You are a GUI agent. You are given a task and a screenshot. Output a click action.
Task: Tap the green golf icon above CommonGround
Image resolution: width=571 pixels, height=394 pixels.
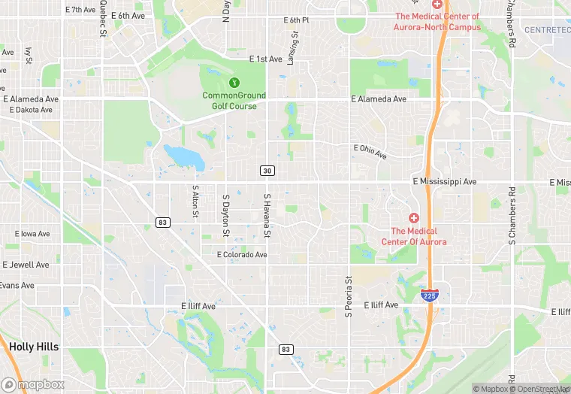point(234,81)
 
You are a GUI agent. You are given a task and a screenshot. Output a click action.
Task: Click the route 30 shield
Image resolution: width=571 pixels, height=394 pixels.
point(267,171)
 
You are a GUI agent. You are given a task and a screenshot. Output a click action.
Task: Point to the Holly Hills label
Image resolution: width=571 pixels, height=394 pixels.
point(34,347)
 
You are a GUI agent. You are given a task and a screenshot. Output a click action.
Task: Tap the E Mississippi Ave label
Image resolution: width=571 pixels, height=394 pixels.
point(445,182)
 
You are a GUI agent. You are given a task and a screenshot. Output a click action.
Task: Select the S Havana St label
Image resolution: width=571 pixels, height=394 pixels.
point(266,217)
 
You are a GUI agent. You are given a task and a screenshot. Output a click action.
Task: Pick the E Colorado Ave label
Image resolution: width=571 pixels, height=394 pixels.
point(242,255)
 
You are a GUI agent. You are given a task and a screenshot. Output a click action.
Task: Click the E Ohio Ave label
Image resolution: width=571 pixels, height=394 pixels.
point(370,151)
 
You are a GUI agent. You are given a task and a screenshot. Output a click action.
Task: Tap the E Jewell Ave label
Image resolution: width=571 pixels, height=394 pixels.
point(26,265)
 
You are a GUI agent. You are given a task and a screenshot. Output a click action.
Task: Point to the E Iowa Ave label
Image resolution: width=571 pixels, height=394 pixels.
point(31,234)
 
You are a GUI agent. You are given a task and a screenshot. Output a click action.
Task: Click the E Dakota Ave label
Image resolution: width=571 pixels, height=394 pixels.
point(31,110)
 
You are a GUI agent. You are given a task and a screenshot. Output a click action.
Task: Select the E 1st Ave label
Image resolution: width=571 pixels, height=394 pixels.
point(266,59)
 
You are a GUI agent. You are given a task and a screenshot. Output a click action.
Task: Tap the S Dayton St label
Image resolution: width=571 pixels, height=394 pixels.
point(225,217)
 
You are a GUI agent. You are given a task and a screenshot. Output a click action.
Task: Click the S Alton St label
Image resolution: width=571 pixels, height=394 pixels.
point(195,203)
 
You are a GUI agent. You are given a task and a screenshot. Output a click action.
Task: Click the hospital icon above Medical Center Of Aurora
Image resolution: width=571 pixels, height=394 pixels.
point(413,217)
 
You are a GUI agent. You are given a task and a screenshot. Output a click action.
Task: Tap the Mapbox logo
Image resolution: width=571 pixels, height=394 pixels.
point(33,383)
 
